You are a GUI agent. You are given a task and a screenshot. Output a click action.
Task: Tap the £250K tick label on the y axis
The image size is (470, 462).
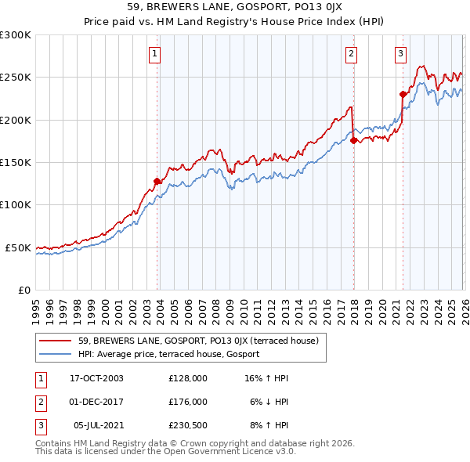click(x=16, y=78)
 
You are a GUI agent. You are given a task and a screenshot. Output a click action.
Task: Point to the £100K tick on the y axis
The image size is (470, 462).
click(x=16, y=204)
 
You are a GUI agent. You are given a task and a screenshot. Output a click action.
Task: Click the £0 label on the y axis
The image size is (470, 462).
click(x=24, y=290)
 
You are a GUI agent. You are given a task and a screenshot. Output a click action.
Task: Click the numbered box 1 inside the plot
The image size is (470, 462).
click(x=155, y=54)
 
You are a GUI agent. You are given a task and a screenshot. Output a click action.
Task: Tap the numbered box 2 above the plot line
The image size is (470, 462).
click(x=351, y=54)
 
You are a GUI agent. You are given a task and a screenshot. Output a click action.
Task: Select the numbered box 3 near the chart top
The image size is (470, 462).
click(x=400, y=54)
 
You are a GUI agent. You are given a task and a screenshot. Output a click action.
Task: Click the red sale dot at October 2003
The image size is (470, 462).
click(x=157, y=181)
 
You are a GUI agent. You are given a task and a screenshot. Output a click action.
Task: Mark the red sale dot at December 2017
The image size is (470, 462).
click(x=353, y=140)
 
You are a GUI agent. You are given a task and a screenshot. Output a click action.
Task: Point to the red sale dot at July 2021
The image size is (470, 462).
click(x=403, y=94)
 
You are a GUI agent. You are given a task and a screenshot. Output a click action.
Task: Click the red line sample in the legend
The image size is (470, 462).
click(x=56, y=341)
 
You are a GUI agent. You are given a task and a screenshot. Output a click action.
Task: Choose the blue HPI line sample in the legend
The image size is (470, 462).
click(x=56, y=355)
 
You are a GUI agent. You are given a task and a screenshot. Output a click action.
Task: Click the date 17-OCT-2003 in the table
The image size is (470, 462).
click(x=96, y=378)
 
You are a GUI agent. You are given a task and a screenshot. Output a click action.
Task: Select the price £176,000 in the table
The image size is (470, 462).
click(x=187, y=402)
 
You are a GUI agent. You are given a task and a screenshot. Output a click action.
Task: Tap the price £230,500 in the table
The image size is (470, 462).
click(x=187, y=425)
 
